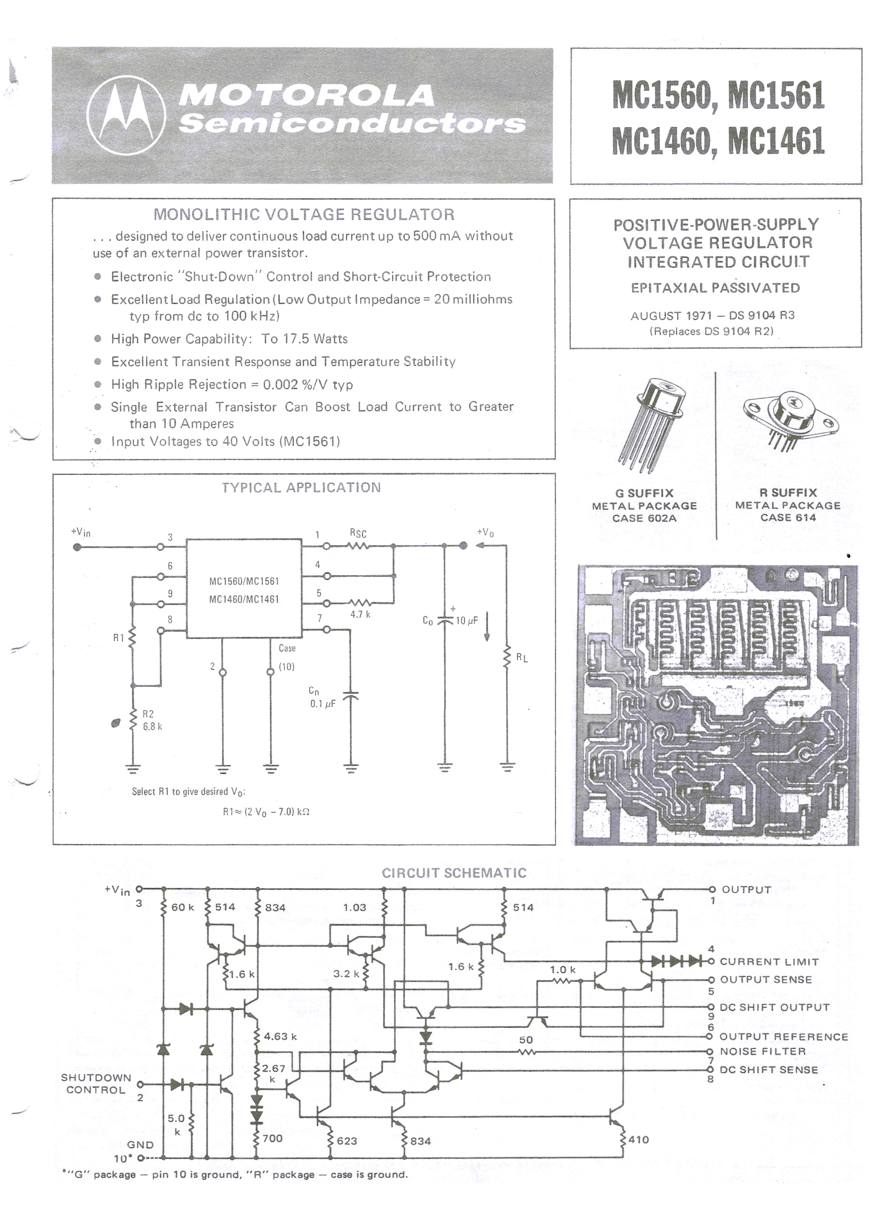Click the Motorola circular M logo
point(126,115)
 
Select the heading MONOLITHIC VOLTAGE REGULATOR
point(304,215)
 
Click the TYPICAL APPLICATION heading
point(301,487)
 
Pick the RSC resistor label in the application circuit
point(358,533)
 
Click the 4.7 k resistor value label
point(360,614)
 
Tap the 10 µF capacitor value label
point(467,620)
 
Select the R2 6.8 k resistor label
point(151,720)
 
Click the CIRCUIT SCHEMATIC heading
point(454,873)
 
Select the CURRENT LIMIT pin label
point(769,962)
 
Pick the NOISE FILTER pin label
point(762,1051)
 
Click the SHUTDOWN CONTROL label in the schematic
point(96,1083)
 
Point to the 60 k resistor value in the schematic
point(182,907)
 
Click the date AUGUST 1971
point(671,315)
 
